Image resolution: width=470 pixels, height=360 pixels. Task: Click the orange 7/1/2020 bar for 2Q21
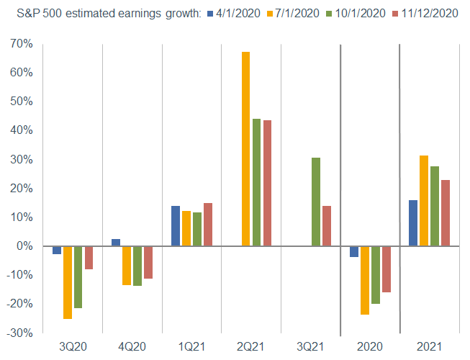[245, 148]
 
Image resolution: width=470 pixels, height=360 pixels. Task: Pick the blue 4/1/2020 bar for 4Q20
[116, 242]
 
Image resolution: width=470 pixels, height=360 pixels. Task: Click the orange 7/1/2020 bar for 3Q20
[68, 282]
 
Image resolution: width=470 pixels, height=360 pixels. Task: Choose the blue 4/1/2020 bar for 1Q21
[176, 226]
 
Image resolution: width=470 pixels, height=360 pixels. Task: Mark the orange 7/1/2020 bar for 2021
[424, 201]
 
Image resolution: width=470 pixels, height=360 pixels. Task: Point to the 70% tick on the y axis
[23, 44]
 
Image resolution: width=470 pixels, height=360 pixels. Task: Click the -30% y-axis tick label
[21, 333]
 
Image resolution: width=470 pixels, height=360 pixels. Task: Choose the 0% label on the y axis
[26, 246]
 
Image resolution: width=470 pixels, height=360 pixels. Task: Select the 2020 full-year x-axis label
[369, 346]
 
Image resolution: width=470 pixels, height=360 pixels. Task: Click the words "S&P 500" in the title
[31, 12]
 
